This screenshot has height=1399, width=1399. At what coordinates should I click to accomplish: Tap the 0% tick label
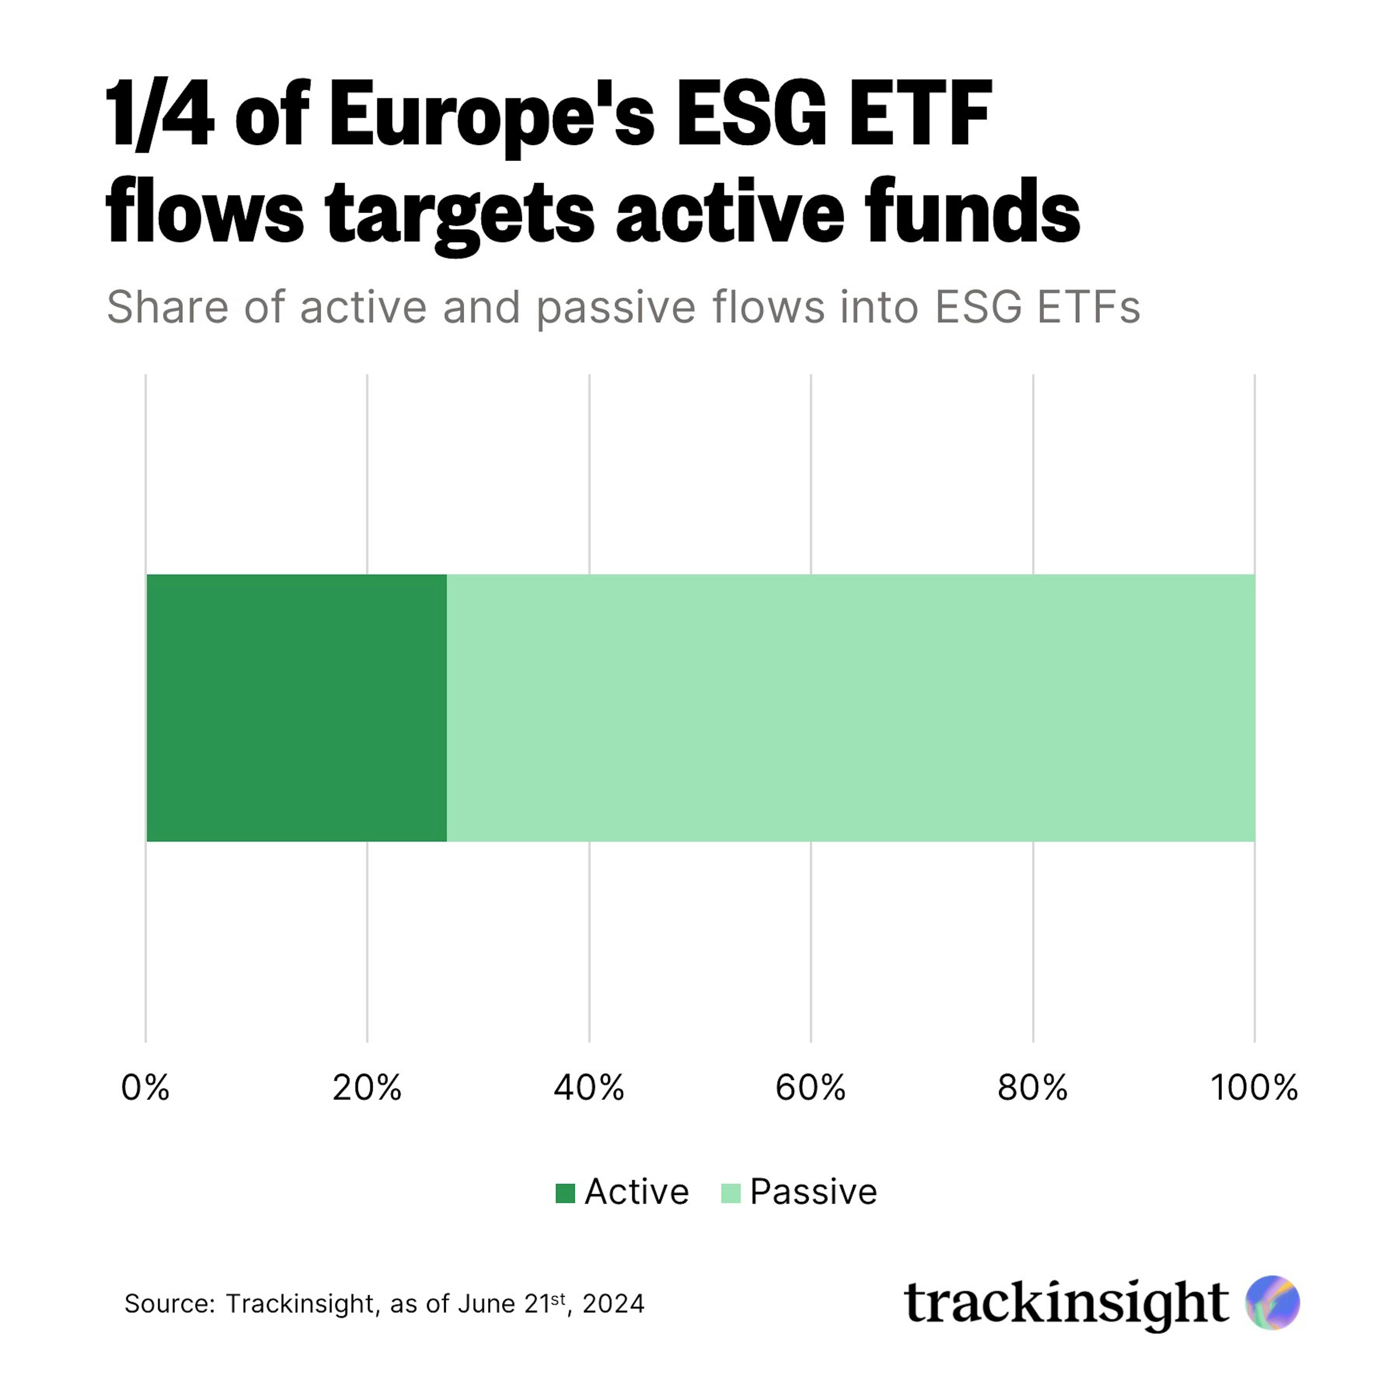coord(146,1088)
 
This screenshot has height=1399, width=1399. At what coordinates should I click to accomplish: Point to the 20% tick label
coord(367,1088)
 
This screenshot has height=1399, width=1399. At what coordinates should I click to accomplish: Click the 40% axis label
coord(589,1088)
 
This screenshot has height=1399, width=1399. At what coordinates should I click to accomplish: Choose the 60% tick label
coord(810,1088)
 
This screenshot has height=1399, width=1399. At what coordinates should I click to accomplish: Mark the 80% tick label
coord(1032,1088)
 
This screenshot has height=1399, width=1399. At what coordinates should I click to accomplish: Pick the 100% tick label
coord(1254,1088)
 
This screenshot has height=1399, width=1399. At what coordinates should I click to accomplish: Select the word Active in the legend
coord(636,1192)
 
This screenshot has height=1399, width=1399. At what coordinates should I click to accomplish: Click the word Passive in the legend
coord(813,1192)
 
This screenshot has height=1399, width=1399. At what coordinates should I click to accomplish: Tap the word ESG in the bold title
coord(751,116)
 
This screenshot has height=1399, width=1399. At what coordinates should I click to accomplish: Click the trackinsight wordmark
coord(1066,1304)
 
